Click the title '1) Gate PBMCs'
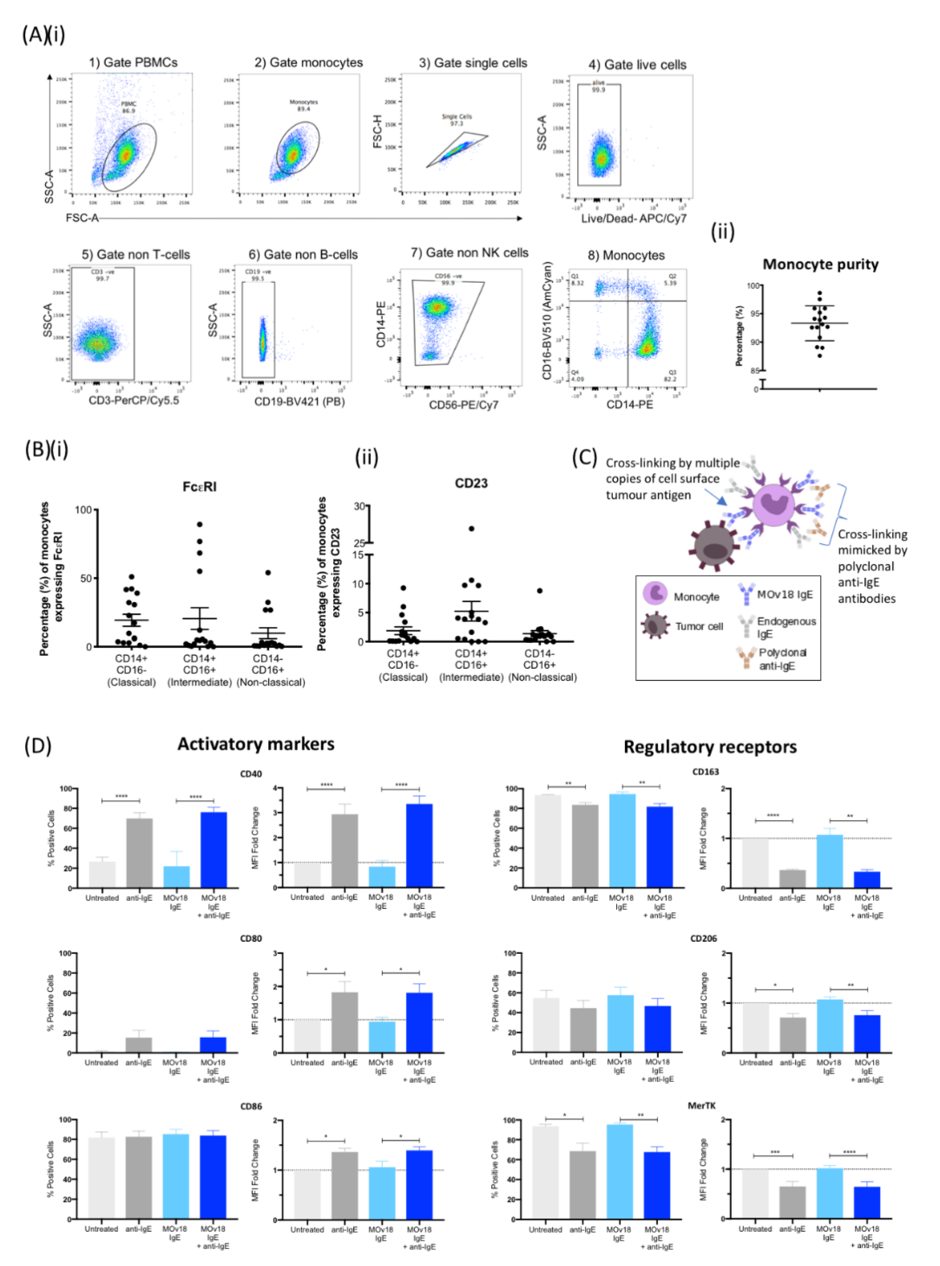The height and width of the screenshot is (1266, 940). pyautogui.click(x=133, y=63)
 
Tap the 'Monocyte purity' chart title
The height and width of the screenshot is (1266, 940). pyautogui.click(x=820, y=265)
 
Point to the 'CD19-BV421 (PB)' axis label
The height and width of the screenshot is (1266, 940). pyautogui.click(x=299, y=402)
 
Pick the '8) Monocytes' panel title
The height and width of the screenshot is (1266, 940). pyautogui.click(x=626, y=256)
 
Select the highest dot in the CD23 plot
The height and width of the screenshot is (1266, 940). pyautogui.click(x=471, y=529)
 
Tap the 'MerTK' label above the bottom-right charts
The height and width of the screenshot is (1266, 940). pyautogui.click(x=702, y=1105)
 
